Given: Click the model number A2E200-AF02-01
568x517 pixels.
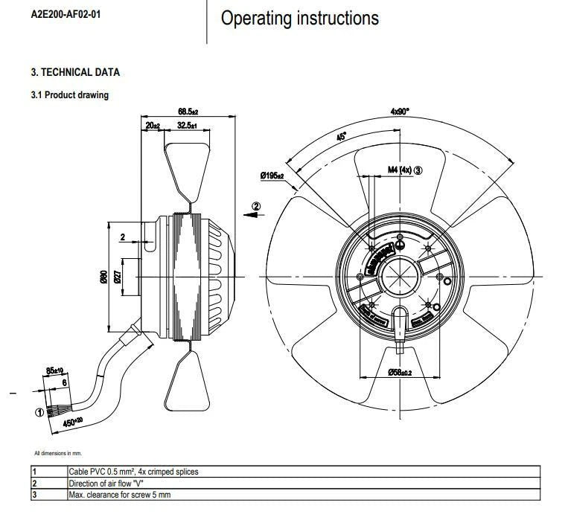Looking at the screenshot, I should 63,15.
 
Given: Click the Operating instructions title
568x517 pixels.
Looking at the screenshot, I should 299,18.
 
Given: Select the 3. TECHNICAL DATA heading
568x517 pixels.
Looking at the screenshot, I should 75,72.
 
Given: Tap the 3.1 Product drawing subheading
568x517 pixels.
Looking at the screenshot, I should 69,95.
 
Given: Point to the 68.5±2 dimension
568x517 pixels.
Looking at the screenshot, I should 188,112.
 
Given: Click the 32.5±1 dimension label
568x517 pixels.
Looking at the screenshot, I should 187,126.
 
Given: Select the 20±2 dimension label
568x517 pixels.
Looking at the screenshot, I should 153,126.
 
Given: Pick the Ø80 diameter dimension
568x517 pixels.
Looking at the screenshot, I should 104,276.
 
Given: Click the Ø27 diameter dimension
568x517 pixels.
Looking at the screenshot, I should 117,277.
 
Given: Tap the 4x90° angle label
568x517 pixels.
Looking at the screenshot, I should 400,111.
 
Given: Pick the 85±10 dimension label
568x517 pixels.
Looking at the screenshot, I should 54,370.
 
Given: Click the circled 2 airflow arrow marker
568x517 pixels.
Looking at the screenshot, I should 255,205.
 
